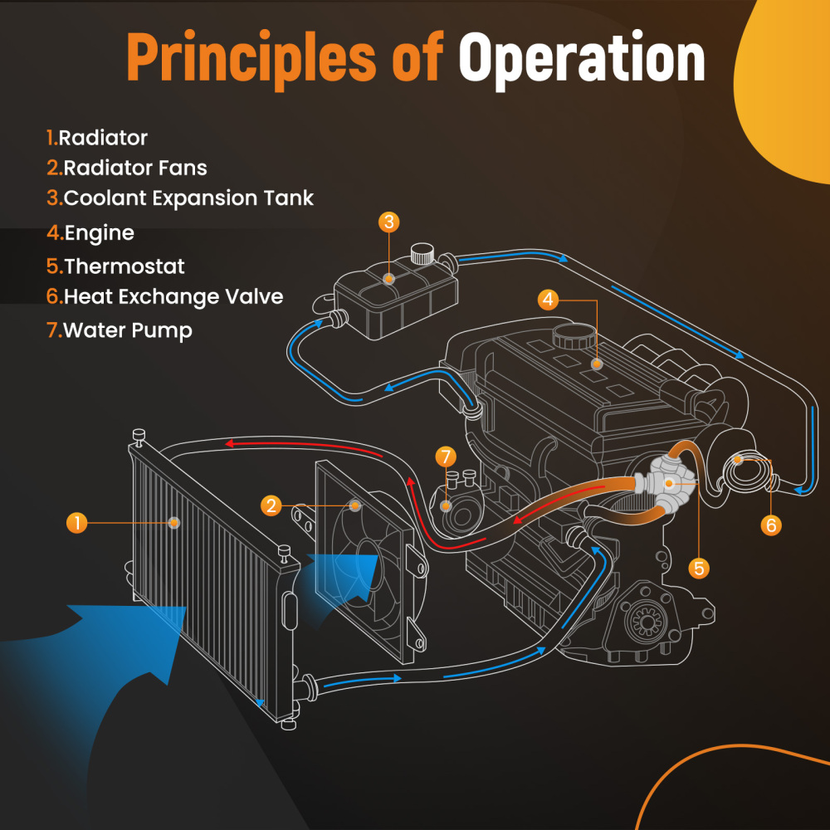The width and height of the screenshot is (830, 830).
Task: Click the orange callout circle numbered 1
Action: (76, 522)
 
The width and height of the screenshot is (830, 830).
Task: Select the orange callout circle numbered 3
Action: (389, 222)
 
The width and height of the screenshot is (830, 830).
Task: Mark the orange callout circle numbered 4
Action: (548, 300)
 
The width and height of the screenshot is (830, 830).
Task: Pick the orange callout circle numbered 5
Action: (699, 568)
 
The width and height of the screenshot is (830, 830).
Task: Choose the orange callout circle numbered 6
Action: (770, 525)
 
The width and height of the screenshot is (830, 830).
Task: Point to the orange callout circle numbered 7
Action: (446, 456)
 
